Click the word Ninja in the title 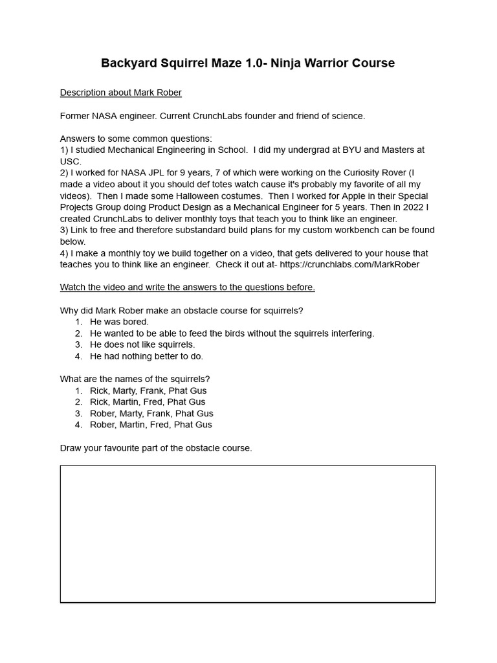pyautogui.click(x=288, y=63)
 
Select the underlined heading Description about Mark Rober pyautogui.click(x=120, y=93)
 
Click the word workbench pyautogui.click(x=332, y=230)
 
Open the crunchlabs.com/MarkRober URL pyautogui.click(x=349, y=264)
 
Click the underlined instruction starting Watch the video pyautogui.click(x=187, y=287)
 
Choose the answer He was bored pyautogui.click(x=119, y=322)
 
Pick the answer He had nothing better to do pyautogui.click(x=146, y=356)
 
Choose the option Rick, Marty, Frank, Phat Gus pyautogui.click(x=148, y=390)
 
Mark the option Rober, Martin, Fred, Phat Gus pyautogui.click(x=151, y=425)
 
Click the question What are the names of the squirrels pyautogui.click(x=135, y=379)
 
